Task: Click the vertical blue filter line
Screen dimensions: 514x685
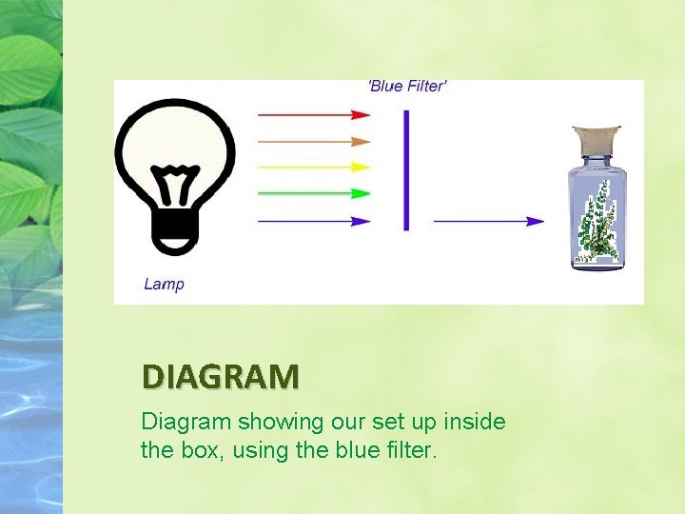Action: pos(406,170)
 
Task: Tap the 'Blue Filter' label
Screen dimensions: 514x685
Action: pos(407,87)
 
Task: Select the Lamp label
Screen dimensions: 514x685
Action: pos(164,283)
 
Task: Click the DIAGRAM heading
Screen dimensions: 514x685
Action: pos(220,378)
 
